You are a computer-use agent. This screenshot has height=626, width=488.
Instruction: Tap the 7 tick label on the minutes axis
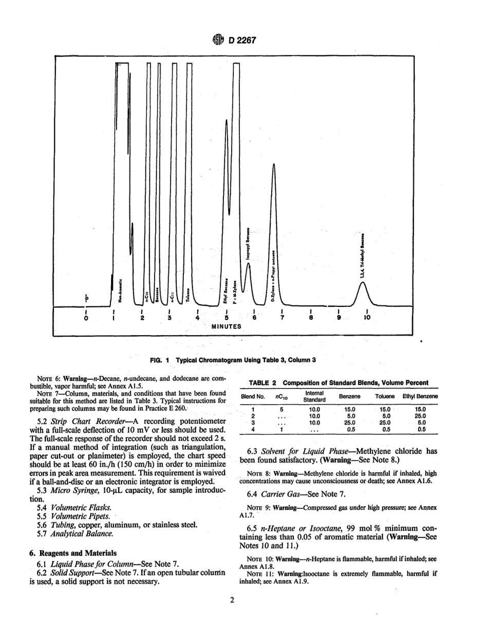(x=282, y=318)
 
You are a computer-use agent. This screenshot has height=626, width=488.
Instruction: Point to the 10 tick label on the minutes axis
(x=366, y=318)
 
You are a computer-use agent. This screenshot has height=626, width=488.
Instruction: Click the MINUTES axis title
(x=227, y=326)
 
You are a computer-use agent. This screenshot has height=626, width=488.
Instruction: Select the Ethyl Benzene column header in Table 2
(x=420, y=396)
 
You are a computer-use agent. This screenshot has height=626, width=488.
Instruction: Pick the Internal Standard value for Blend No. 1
(x=314, y=409)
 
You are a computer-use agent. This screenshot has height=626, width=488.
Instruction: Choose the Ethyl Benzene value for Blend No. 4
(x=422, y=429)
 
